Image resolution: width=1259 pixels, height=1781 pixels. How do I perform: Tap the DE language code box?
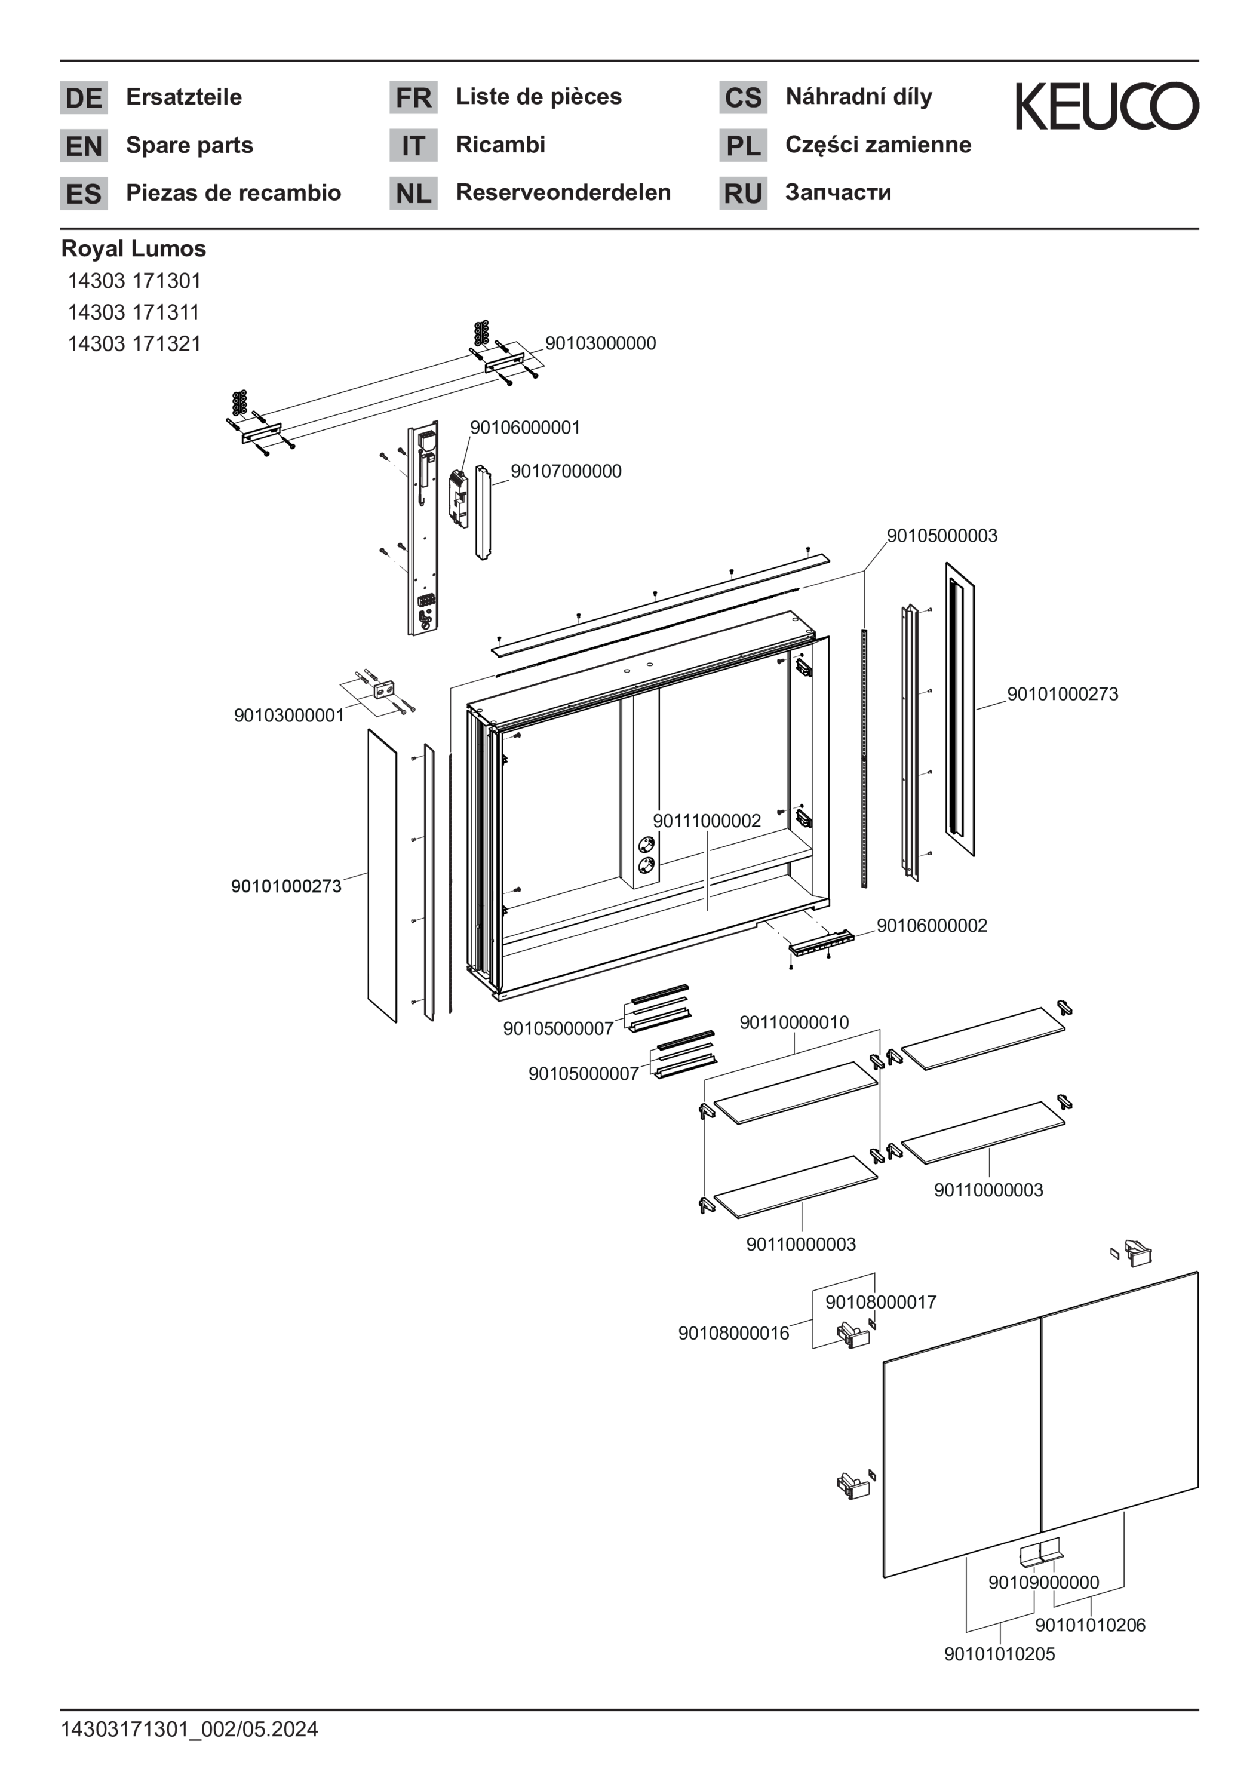pyautogui.click(x=84, y=98)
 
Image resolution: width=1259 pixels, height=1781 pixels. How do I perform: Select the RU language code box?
pyautogui.click(x=742, y=193)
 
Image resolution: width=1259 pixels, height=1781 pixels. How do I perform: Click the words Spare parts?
pyautogui.click(x=189, y=145)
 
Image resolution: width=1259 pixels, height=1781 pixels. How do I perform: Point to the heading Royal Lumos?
pyautogui.click(x=133, y=249)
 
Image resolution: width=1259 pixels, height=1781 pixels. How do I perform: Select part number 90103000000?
pyautogui.click(x=600, y=343)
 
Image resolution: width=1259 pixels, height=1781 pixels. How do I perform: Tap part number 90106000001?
pyautogui.click(x=524, y=428)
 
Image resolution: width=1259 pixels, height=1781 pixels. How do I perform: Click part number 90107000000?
pyautogui.click(x=566, y=472)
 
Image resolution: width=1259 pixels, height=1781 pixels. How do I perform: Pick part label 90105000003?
pyautogui.click(x=942, y=536)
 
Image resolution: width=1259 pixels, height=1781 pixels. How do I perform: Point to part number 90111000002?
pyautogui.click(x=707, y=821)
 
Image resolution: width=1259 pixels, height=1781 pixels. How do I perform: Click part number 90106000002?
pyautogui.click(x=932, y=925)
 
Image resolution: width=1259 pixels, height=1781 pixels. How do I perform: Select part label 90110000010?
pyautogui.click(x=794, y=1023)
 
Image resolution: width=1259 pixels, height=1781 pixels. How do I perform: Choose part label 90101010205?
pyautogui.click(x=999, y=1654)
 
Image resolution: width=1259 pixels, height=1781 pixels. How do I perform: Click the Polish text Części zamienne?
pyautogui.click(x=877, y=145)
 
